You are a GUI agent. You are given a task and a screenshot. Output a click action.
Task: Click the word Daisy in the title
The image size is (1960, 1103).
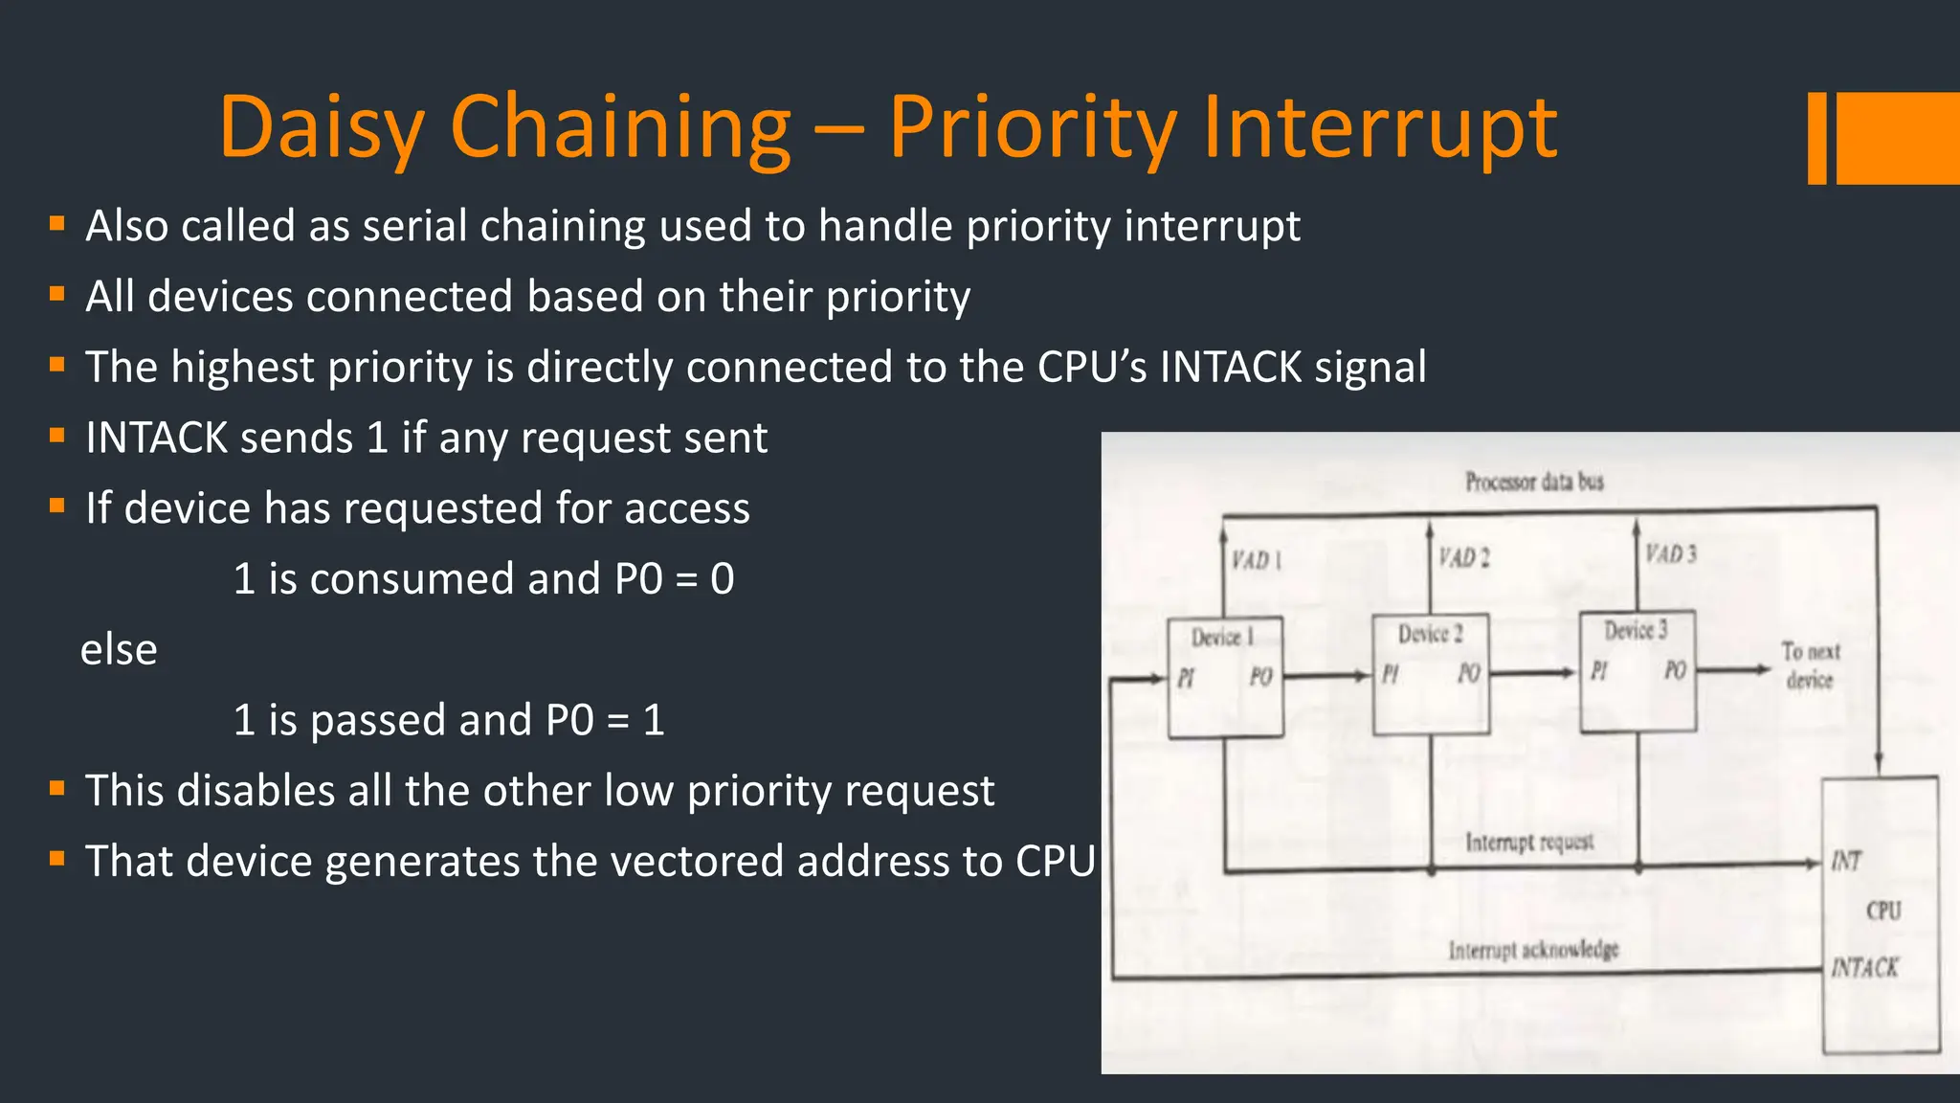point(322,127)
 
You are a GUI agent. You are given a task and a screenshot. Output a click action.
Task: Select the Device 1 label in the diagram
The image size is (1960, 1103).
point(1222,638)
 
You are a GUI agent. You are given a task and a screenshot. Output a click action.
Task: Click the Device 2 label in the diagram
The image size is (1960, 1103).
point(1430,634)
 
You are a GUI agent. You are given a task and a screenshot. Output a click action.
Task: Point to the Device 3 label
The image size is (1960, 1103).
point(1636,630)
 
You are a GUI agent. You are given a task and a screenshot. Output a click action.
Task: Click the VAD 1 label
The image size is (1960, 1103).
point(1256,560)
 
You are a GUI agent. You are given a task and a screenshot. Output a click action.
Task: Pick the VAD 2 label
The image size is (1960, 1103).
point(1464,557)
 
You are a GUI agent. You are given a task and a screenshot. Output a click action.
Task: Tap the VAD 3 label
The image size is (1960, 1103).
point(1671,554)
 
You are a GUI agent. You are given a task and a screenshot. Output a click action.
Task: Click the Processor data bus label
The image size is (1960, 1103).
point(1534,482)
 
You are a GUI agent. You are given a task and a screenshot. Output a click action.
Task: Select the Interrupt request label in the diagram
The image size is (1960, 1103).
point(1529,843)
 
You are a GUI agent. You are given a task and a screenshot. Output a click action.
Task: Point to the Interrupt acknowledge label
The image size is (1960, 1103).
point(1533,950)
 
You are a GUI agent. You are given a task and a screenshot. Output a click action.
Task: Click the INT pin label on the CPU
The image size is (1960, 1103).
point(1846,862)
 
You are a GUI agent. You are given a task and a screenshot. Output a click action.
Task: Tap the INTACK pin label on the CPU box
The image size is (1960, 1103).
point(1864,968)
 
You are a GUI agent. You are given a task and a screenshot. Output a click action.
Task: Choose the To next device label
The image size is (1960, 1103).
point(1810,665)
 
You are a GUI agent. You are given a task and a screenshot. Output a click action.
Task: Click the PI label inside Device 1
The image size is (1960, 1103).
point(1186,678)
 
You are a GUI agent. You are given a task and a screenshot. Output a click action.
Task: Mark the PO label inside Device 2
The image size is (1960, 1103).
point(1469,674)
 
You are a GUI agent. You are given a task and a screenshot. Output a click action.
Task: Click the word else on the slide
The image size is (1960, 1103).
point(119,650)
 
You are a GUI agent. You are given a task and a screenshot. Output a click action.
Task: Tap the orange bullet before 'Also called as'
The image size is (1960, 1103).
point(57,224)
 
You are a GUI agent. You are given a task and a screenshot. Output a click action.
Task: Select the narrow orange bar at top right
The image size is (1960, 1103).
point(1816,138)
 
